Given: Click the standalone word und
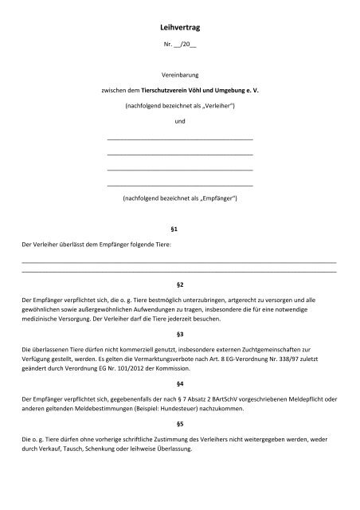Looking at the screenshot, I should pyautogui.click(x=179, y=121).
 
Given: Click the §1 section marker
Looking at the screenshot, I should pyautogui.click(x=179, y=228).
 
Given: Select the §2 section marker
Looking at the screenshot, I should pyautogui.click(x=179, y=284).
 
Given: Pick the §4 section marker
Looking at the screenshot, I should pyautogui.click(x=179, y=383).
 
